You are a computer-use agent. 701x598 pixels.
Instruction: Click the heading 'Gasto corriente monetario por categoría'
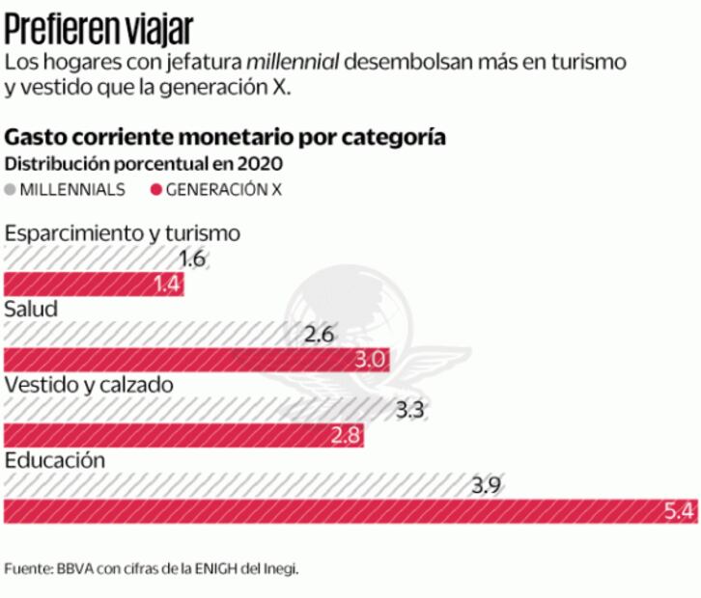pyautogui.click(x=225, y=136)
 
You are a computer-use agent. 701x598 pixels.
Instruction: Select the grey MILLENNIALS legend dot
pyautogui.click(x=12, y=190)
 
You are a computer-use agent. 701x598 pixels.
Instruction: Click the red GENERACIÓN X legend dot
pyautogui.click(x=155, y=190)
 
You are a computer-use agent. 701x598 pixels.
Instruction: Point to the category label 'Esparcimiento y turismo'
pyautogui.click(x=123, y=233)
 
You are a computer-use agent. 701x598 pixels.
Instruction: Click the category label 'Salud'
pyautogui.click(x=32, y=310)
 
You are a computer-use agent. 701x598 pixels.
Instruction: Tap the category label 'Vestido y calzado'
pyautogui.click(x=89, y=385)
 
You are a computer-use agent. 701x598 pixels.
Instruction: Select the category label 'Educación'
pyautogui.click(x=54, y=460)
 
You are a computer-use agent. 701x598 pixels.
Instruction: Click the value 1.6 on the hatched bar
pyautogui.click(x=193, y=258)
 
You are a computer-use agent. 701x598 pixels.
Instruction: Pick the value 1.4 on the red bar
pyautogui.click(x=168, y=284)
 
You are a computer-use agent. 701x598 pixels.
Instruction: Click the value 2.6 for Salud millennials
pyautogui.click(x=318, y=335)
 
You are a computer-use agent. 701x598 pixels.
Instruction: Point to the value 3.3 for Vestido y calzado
pyautogui.click(x=410, y=410)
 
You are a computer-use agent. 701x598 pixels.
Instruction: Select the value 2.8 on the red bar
pyautogui.click(x=346, y=435)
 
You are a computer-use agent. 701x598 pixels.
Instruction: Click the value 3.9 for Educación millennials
pyautogui.click(x=485, y=485)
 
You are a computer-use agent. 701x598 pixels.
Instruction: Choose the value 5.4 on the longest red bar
pyautogui.click(x=680, y=511)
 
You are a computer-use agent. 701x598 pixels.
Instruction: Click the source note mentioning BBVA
pyautogui.click(x=152, y=568)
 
